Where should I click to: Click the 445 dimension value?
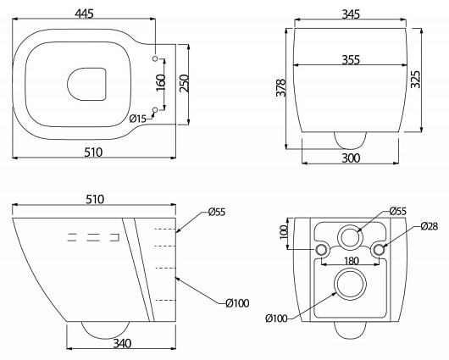tap(84, 14)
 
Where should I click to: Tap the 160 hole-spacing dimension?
tap(161, 82)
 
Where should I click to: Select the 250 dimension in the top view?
tap(184, 83)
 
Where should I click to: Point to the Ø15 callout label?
tap(138, 119)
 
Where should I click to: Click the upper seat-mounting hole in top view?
tap(155, 58)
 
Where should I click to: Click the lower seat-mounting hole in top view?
tap(155, 109)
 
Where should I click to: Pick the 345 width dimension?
tap(351, 14)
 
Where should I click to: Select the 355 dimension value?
tap(351, 60)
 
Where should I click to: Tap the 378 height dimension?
tap(281, 88)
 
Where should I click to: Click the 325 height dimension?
tap(415, 79)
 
